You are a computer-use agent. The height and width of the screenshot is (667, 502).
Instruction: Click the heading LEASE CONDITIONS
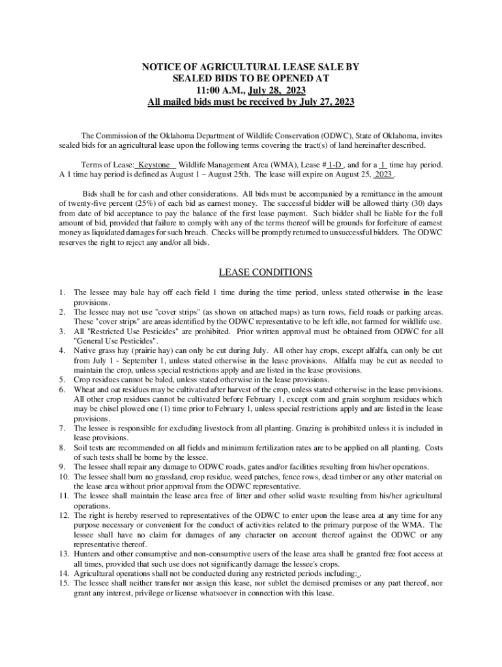point(251,272)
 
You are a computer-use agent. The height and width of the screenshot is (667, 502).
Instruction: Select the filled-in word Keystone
point(155,165)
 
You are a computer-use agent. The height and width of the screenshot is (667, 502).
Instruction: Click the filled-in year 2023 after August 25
point(384,175)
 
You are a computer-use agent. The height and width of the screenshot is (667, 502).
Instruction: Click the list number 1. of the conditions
point(62,294)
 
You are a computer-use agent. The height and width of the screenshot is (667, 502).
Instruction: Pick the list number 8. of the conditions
point(62,447)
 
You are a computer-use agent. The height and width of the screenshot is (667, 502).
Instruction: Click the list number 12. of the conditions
point(64,515)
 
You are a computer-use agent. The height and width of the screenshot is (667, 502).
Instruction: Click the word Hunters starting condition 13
point(89,554)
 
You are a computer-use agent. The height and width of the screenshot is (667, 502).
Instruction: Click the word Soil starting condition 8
point(82,447)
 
